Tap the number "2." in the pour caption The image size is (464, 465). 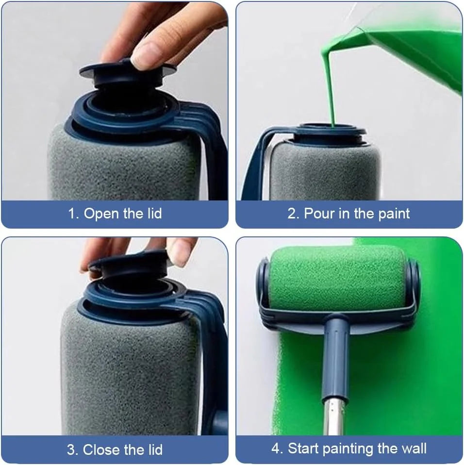[294, 214]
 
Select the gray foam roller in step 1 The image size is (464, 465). [121, 165]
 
